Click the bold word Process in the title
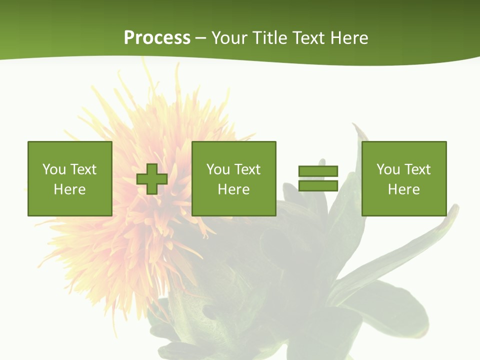click(157, 38)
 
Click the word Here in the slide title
click(349, 38)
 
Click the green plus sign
click(152, 179)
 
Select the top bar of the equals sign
click(318, 171)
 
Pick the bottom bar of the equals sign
click(318, 185)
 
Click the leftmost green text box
click(70, 178)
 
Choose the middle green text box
click(234, 178)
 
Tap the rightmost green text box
click(404, 178)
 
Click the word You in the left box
click(54, 169)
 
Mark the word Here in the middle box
click(234, 189)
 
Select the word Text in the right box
click(417, 169)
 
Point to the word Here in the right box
click(404, 189)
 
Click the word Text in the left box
click(83, 169)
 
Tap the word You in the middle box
click(218, 169)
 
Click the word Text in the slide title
click(307, 38)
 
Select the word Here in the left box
click(70, 189)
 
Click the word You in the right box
click(388, 169)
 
